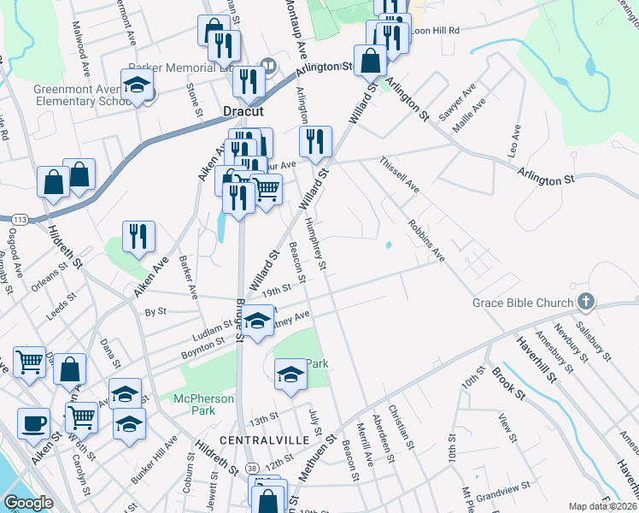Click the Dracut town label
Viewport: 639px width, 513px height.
(242, 112)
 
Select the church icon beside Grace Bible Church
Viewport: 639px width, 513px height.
(585, 301)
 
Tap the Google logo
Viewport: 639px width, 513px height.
(28, 503)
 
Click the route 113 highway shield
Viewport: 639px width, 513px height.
(20, 220)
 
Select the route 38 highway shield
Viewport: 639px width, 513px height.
(250, 469)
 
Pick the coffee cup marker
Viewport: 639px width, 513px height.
(33, 423)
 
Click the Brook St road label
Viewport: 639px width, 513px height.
(506, 380)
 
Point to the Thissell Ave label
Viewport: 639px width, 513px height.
(400, 175)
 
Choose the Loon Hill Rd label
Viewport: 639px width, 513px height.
(436, 30)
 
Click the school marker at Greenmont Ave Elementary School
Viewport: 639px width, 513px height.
(136, 85)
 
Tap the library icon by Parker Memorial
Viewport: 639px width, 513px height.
(268, 64)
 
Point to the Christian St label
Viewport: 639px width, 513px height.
(400, 428)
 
